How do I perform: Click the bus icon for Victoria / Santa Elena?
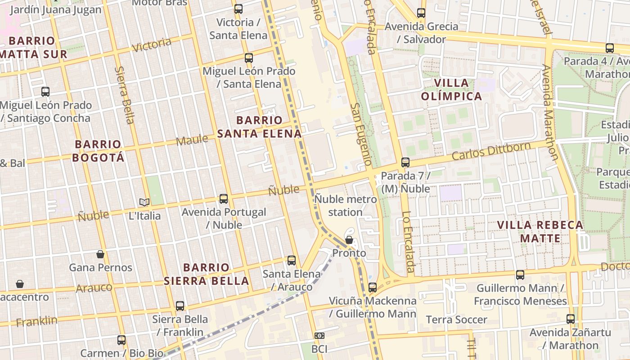click(238, 9)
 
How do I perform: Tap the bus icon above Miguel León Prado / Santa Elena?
click(249, 58)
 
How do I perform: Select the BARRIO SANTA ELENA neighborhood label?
click(260, 127)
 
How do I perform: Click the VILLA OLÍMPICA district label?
click(451, 90)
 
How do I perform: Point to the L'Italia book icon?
click(144, 202)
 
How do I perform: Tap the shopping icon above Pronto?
click(349, 240)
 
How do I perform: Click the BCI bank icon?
click(319, 336)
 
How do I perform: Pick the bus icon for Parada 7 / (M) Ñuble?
click(405, 162)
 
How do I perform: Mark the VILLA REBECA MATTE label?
click(540, 231)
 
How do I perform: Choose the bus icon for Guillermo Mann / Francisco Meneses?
click(520, 274)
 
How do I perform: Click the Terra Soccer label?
click(456, 319)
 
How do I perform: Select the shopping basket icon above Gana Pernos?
click(100, 254)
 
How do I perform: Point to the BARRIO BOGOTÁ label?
click(98, 151)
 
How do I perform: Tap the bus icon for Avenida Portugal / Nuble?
click(224, 198)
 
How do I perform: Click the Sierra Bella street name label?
click(125, 95)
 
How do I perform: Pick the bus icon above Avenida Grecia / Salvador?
click(421, 13)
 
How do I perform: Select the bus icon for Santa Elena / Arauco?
click(292, 261)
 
